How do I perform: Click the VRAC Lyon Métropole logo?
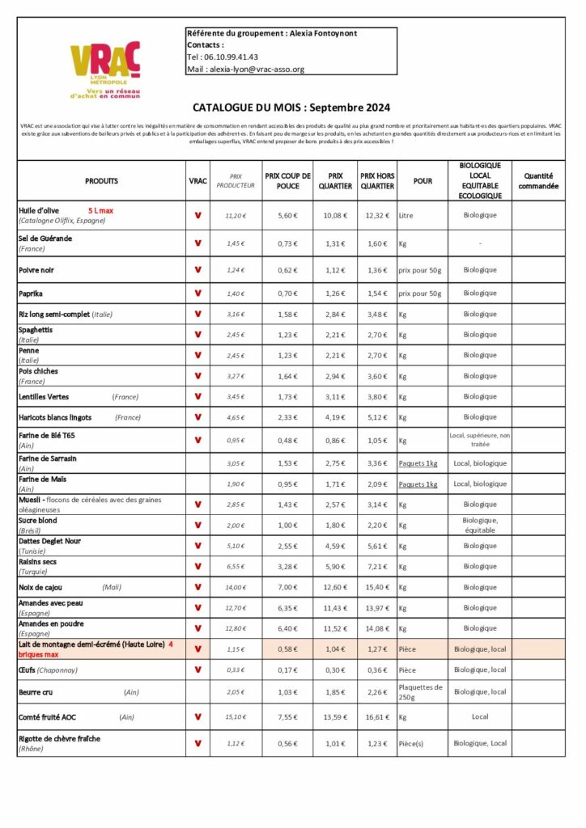[x=105, y=70]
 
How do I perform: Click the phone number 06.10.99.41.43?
[x=234, y=57]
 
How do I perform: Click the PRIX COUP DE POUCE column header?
[x=287, y=181]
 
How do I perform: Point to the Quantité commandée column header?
[x=538, y=181]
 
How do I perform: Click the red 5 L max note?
[x=100, y=211]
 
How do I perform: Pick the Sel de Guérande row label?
[x=45, y=239]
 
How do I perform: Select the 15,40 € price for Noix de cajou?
[x=378, y=587]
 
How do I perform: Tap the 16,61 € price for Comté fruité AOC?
[x=378, y=717]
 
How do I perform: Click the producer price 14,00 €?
[x=236, y=587]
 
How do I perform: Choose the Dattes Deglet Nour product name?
[x=49, y=541]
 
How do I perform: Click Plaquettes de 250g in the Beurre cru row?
[x=421, y=692]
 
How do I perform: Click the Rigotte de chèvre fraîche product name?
[x=59, y=738]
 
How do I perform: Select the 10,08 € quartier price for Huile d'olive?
[x=334, y=216]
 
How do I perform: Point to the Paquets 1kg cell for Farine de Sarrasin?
[x=418, y=463]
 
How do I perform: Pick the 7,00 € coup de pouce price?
[x=287, y=587]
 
